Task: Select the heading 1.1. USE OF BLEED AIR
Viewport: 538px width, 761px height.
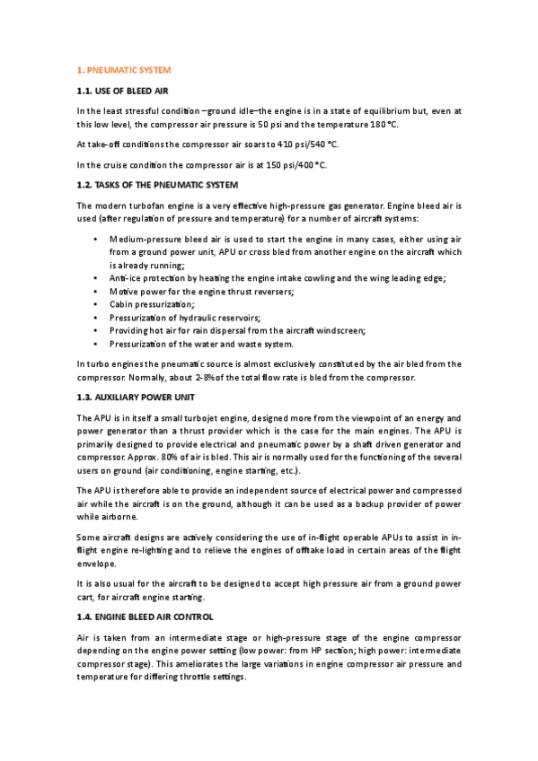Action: click(121, 91)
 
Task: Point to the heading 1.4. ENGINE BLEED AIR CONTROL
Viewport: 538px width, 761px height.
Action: click(145, 617)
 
